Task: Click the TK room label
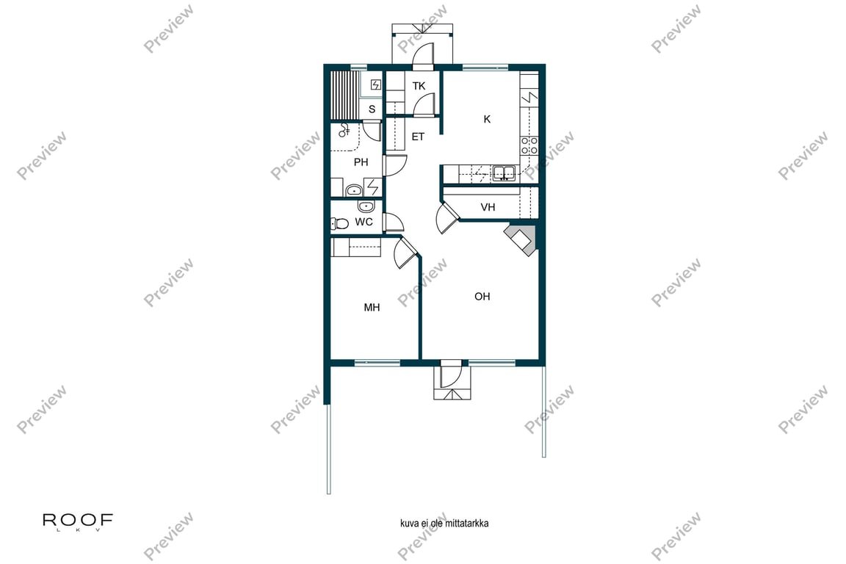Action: (x=419, y=86)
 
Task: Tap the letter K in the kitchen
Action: (x=486, y=120)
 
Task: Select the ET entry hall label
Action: (x=418, y=137)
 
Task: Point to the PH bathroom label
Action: (x=361, y=162)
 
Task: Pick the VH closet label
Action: (x=488, y=207)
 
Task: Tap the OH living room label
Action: (x=482, y=297)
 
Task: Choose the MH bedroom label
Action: (x=372, y=308)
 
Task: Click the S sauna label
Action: (x=372, y=109)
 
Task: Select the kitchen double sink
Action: (x=504, y=173)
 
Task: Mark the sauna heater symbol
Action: (x=376, y=85)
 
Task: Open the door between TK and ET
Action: (x=424, y=107)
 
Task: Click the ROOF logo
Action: (x=78, y=521)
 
